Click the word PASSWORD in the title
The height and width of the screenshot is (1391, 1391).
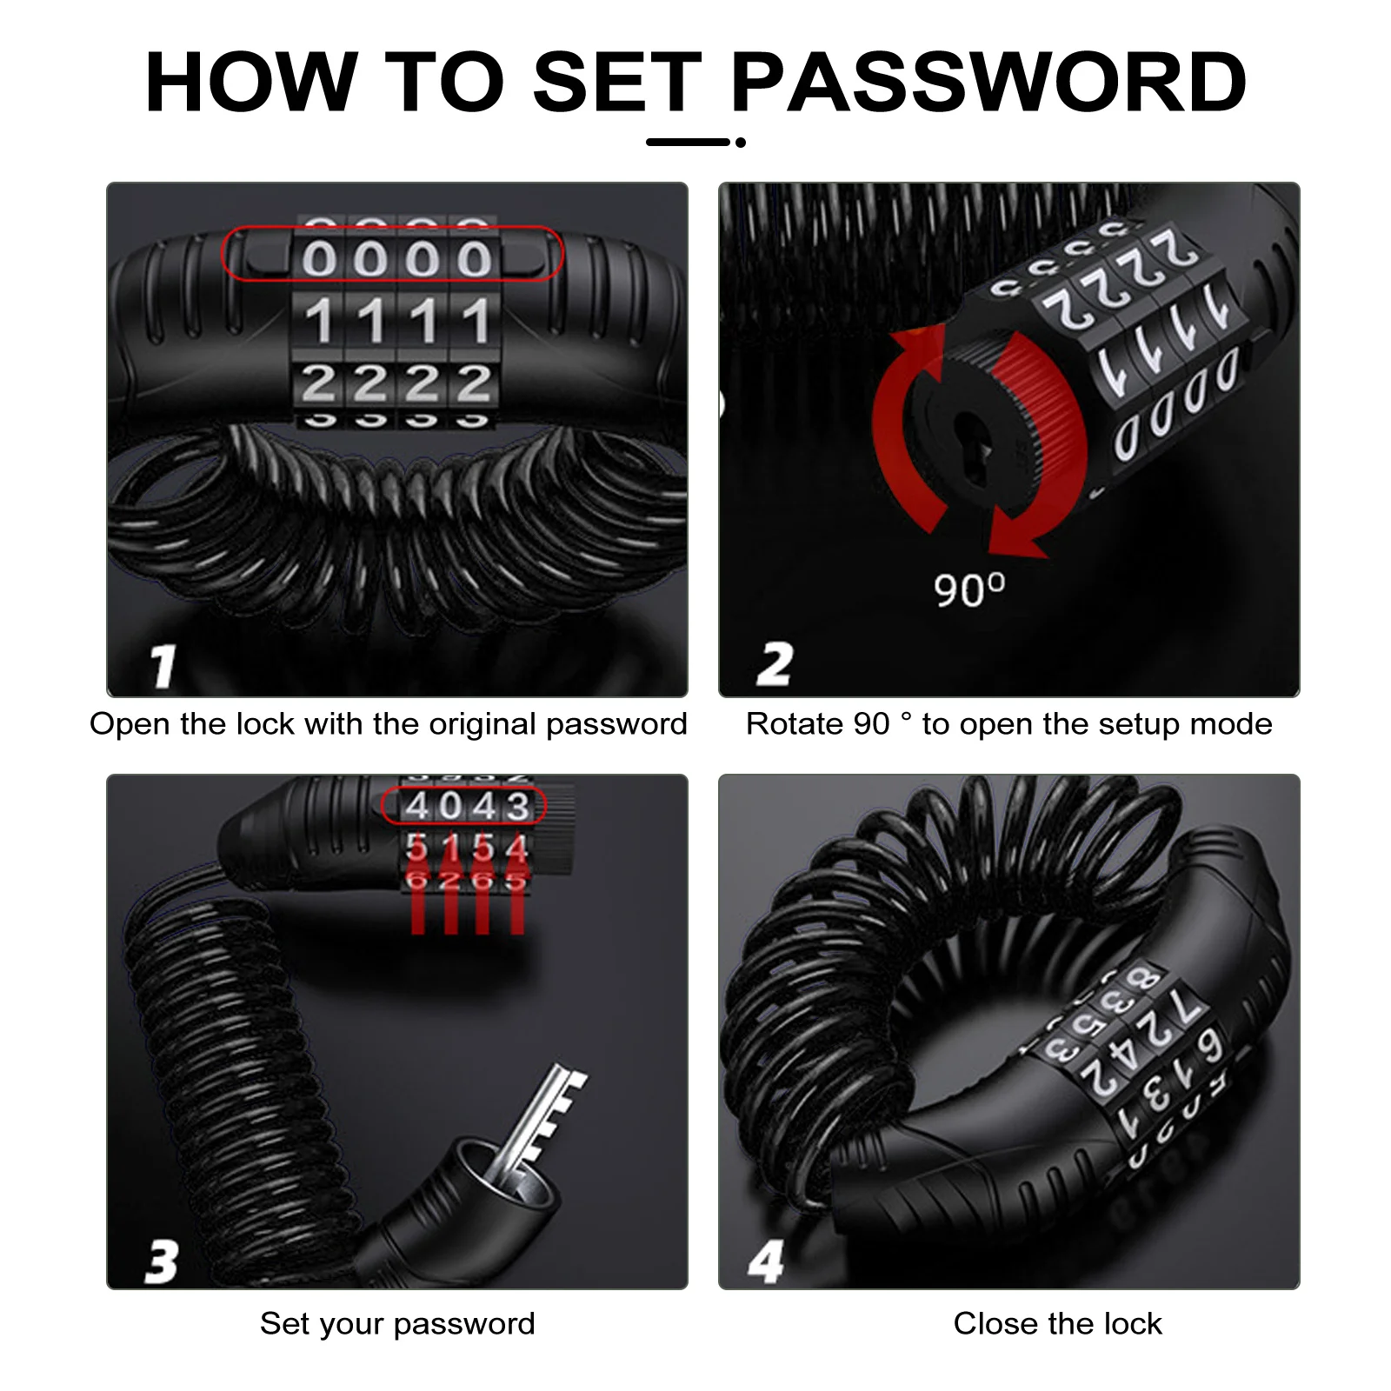988,83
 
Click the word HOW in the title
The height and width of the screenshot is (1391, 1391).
251,83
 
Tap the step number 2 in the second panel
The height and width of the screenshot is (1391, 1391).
774,664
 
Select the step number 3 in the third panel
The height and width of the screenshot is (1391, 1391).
162,1261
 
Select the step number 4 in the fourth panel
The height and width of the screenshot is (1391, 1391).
766,1261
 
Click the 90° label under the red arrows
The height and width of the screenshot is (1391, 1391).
968,589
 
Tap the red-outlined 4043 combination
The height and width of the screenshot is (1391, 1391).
465,806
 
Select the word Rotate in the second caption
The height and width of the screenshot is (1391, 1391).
795,724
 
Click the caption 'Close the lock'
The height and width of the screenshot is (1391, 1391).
1057,1323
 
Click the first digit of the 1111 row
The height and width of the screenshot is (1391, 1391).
319,321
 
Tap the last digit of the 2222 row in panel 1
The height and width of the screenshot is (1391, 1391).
475,383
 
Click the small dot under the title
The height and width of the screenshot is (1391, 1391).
741,143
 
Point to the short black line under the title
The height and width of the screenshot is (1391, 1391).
688,143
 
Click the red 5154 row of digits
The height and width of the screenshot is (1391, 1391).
467,848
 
